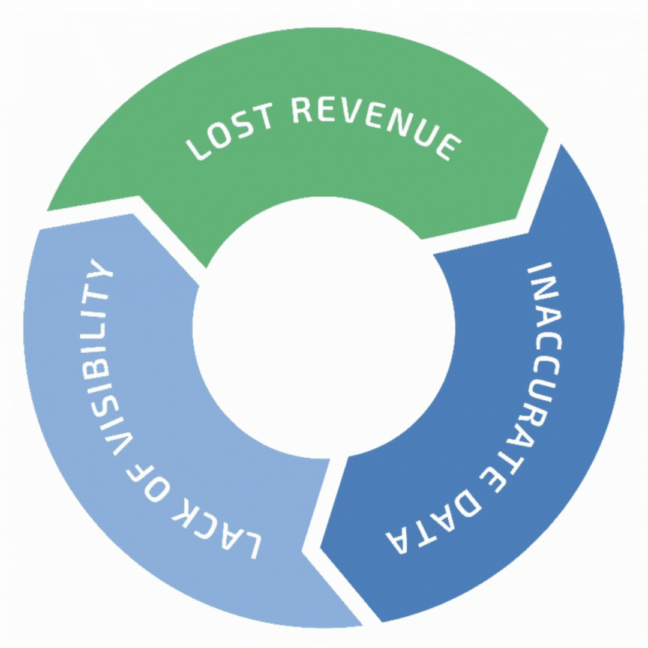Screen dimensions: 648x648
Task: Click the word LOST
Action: coord(229,130)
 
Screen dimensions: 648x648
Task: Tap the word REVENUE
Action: coord(376,124)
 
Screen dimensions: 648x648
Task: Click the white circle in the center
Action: coord(323,327)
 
